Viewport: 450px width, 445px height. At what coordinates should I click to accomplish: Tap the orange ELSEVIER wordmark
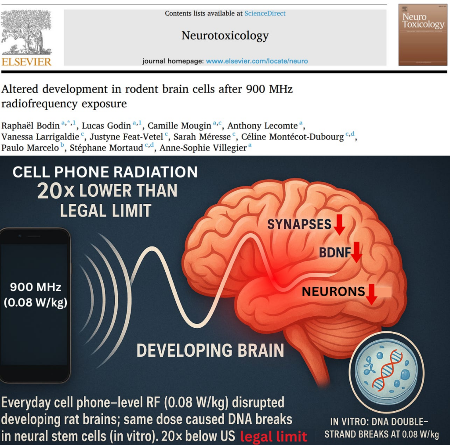(x=27, y=61)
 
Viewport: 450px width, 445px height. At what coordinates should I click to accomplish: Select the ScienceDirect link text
(x=265, y=13)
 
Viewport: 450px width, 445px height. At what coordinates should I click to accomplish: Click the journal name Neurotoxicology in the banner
(x=225, y=36)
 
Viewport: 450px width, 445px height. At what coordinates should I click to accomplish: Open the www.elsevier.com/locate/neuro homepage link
(x=257, y=61)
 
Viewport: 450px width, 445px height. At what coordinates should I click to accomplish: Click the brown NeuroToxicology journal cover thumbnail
(x=423, y=35)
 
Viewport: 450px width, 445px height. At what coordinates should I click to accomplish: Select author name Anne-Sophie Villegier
(x=203, y=148)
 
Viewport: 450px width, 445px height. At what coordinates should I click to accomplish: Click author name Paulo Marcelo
(x=30, y=148)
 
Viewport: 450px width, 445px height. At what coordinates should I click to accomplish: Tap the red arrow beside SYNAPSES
(x=339, y=224)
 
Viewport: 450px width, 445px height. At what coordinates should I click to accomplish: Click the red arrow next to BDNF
(x=356, y=252)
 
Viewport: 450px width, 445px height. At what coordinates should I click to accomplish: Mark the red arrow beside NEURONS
(x=372, y=294)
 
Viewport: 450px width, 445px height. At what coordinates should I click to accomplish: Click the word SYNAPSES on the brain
(x=299, y=224)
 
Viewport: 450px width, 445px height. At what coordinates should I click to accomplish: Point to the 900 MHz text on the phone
(x=36, y=287)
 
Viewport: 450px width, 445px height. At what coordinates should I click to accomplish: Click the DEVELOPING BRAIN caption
(x=210, y=351)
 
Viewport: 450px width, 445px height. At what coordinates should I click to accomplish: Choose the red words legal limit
(x=273, y=436)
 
